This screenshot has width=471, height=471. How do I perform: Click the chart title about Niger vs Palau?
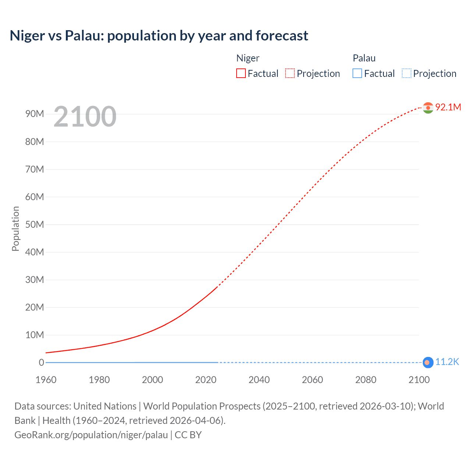[159, 36]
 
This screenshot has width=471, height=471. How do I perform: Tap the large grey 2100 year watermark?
[85, 117]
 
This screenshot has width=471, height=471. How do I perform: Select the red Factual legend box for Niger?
[241, 74]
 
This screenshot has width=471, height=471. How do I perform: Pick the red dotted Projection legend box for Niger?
[290, 74]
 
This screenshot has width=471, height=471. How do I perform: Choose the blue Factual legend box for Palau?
[357, 74]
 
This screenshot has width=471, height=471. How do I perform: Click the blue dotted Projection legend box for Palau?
[406, 74]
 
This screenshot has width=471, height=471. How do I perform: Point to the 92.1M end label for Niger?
[448, 107]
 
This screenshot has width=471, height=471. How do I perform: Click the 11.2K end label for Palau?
[447, 362]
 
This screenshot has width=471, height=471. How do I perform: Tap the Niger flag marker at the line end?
[428, 108]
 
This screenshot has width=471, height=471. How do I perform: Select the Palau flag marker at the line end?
[428, 362]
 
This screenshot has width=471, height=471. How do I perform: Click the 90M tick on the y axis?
[35, 114]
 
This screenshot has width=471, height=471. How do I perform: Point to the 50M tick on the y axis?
[35, 224]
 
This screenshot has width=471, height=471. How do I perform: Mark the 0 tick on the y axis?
[41, 362]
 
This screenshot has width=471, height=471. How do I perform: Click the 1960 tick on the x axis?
[46, 380]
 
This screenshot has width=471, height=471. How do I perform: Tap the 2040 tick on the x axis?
[259, 380]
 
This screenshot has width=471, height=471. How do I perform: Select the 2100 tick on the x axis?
[419, 380]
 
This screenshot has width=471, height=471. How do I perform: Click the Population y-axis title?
[15, 229]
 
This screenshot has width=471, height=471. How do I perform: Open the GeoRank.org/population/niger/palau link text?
[91, 435]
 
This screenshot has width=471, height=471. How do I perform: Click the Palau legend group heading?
[364, 58]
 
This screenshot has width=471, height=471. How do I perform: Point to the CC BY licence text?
[188, 435]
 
